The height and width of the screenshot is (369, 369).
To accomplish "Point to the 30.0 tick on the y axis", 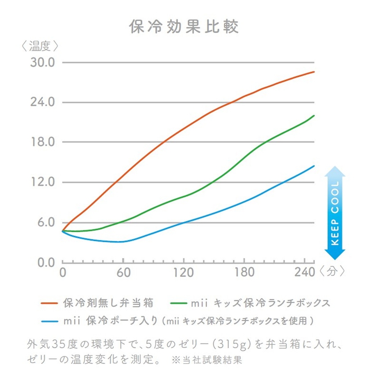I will pos(43,63).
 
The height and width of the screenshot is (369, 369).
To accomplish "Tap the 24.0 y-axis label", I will pos(43,102).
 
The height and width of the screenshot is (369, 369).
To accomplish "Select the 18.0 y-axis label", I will pos(43,142).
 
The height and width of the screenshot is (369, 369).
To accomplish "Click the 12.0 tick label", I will pos(43,182).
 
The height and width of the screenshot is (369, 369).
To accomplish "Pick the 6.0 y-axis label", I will pos(46,223).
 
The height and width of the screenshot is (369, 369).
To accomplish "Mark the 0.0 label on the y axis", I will pos(46,262).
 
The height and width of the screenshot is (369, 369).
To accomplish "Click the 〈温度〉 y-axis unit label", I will pos(41,46).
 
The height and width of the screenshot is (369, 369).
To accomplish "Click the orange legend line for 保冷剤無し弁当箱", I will pos(50,303).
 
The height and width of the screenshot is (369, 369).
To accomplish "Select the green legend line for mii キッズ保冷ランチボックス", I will pos(178,303).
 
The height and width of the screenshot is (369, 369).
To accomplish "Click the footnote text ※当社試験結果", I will pos(207,360).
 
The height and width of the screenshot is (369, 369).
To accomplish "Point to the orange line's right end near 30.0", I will pos(314,72).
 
